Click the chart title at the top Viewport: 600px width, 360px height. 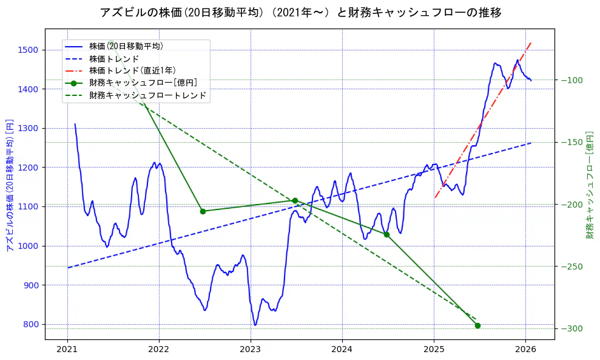click(300, 12)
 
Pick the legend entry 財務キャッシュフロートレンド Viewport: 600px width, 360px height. click(147, 95)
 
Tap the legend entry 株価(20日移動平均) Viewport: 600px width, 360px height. click(126, 46)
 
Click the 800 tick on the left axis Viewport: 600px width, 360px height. click(32, 324)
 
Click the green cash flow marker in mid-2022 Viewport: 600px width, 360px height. click(203, 211)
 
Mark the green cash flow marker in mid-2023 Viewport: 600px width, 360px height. click(295, 200)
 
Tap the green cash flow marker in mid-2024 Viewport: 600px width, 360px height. click(386, 234)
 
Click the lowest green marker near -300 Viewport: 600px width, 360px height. click(477, 325)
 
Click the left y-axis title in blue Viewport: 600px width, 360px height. click(9, 185)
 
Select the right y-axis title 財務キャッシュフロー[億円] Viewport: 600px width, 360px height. click(589, 185)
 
